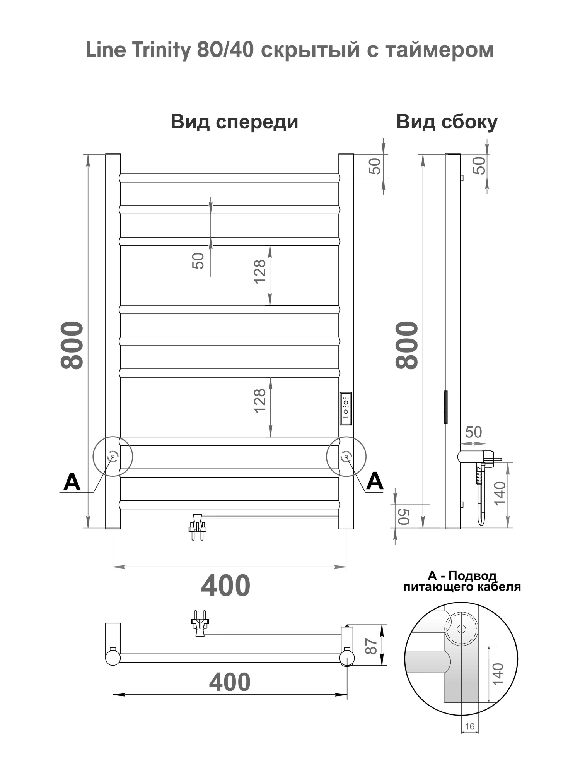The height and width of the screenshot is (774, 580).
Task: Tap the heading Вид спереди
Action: point(234,122)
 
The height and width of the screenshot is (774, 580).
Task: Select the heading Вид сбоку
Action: point(447,122)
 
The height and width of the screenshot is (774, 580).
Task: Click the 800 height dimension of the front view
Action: point(72,345)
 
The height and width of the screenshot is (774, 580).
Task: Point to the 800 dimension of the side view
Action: point(407,345)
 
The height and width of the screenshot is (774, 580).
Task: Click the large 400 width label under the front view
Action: point(225,586)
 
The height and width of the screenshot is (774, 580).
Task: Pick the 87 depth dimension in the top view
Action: point(372,646)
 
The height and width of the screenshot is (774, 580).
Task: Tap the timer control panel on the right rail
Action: point(346,409)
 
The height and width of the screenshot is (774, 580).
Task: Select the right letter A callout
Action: point(375,481)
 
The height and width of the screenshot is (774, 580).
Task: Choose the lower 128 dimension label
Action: point(260,401)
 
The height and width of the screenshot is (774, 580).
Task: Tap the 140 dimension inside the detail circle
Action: point(498,674)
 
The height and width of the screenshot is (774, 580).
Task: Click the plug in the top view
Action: point(200,624)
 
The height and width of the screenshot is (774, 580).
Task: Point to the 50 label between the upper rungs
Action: point(198,261)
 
